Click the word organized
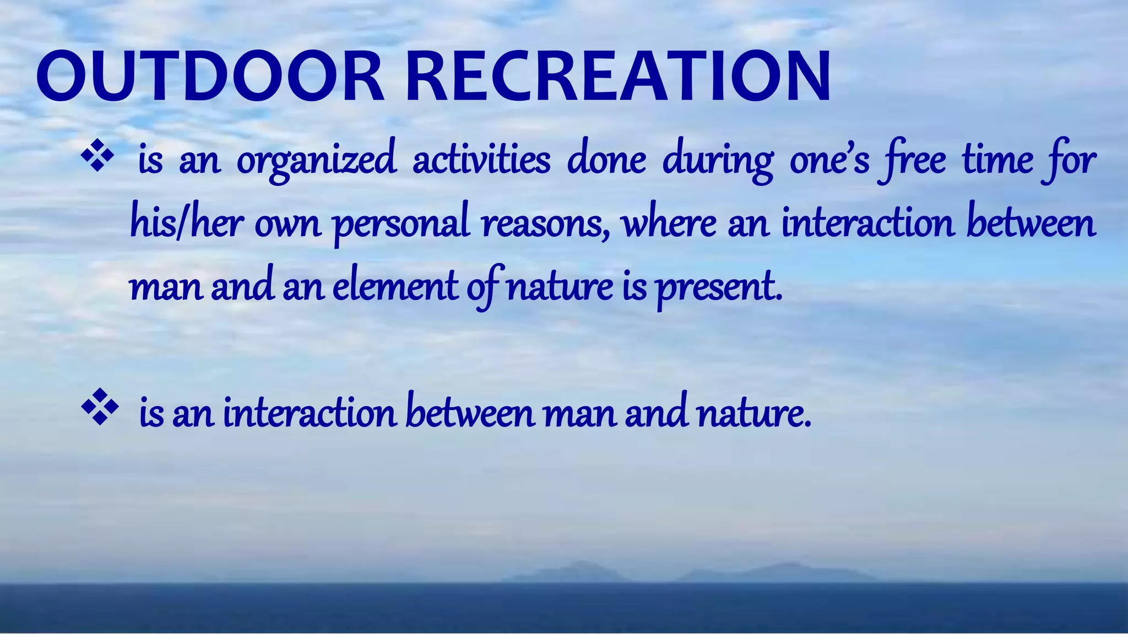point(317,161)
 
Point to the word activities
point(481,160)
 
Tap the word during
point(718,161)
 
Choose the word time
point(997,160)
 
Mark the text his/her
point(186,224)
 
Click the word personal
point(402,225)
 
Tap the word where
point(669,224)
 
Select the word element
point(395,287)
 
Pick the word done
point(606,160)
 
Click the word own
point(288,225)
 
